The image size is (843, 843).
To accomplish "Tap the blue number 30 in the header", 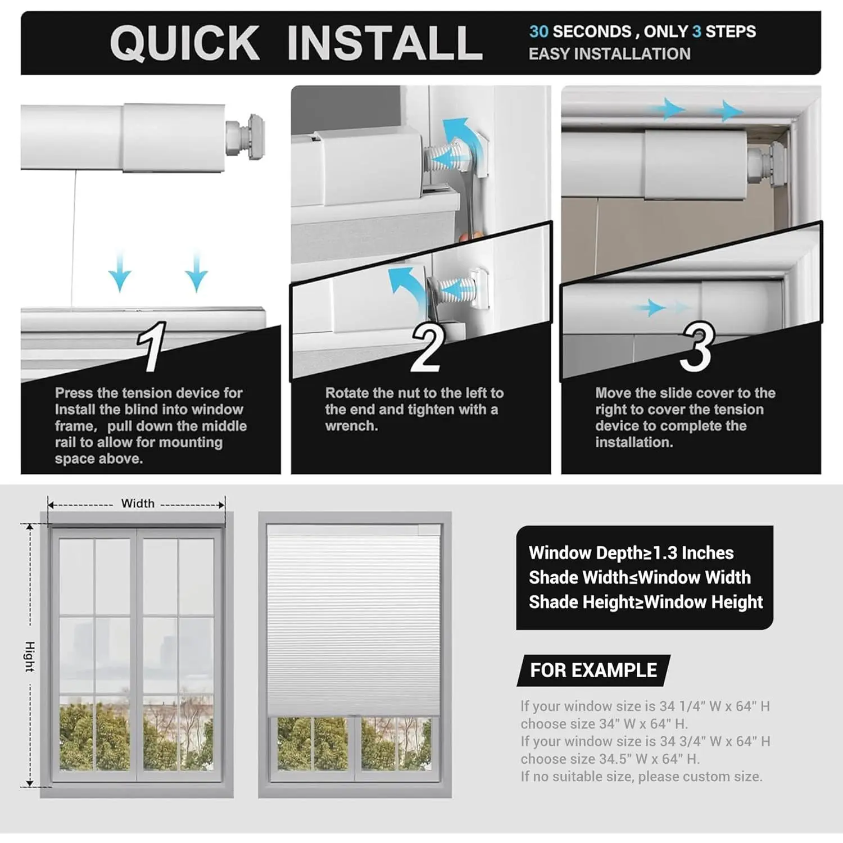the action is [538, 31].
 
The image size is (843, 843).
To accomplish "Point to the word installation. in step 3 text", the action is [634, 442].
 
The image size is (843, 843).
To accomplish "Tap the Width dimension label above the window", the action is [138, 504].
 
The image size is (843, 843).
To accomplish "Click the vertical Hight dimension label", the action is [30, 656].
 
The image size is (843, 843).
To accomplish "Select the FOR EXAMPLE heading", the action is [593, 670].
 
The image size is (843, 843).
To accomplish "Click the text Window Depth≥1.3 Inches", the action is [631, 553].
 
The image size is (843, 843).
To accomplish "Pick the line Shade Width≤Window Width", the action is [640, 577].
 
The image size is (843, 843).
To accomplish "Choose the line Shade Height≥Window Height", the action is [646, 602].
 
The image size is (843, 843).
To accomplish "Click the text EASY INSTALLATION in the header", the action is [610, 54].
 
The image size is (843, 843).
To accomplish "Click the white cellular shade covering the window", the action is [353, 624].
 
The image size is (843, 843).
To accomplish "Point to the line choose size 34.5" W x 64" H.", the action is [610, 759].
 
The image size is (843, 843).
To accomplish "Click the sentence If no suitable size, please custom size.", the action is [641, 777].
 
